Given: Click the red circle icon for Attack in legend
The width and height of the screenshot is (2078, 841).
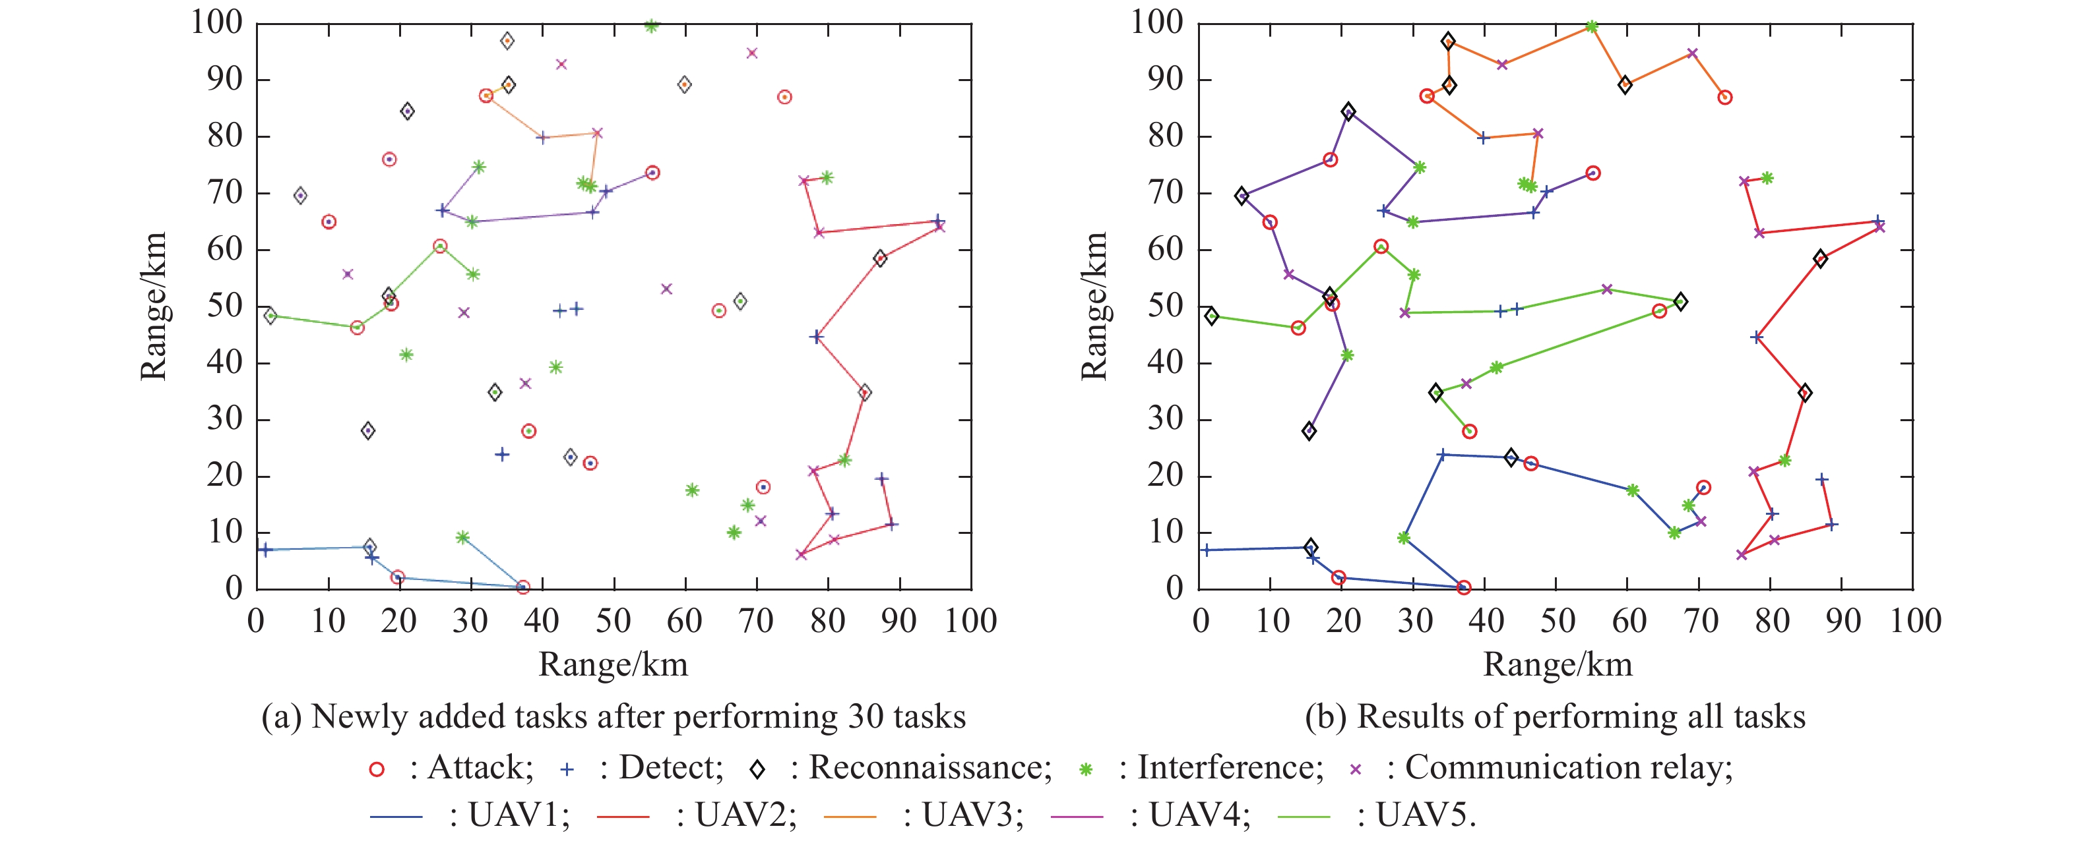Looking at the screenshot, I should pyautogui.click(x=376, y=769).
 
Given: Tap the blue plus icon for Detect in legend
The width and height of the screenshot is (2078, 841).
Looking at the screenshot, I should pyautogui.click(x=567, y=769).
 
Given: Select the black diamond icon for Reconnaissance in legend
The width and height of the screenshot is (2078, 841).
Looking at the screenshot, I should pyautogui.click(x=757, y=769).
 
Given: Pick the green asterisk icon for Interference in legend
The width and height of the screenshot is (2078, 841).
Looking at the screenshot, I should pyautogui.click(x=1086, y=769).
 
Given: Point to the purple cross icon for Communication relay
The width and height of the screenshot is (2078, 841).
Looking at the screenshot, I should pyautogui.click(x=1356, y=769).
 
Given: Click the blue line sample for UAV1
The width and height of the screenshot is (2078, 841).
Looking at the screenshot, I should pyautogui.click(x=396, y=817).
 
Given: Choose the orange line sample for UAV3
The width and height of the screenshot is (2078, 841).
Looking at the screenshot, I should pyautogui.click(x=850, y=817).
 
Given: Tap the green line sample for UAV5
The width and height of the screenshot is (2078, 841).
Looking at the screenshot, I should pyautogui.click(x=1304, y=817).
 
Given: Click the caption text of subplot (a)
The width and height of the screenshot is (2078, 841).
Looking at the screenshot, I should pyautogui.click(x=613, y=716).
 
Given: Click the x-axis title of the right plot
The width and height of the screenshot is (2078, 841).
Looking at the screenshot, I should pyautogui.click(x=1557, y=664).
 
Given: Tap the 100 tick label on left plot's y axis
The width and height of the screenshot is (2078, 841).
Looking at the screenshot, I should pyautogui.click(x=216, y=22).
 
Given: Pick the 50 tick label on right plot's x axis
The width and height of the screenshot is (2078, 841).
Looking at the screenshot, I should pyautogui.click(x=1557, y=621).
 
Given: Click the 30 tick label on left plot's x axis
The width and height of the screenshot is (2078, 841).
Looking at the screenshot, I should pyautogui.click(x=470, y=621).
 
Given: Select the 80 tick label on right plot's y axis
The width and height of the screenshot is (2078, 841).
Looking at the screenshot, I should pyautogui.click(x=1167, y=136).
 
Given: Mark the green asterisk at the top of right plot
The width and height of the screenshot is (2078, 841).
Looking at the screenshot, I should pyautogui.click(x=1592, y=26).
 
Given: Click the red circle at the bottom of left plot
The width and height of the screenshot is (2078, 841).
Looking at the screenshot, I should pyautogui.click(x=522, y=587).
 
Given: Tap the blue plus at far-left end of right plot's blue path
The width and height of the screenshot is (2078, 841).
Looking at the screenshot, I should pyautogui.click(x=1206, y=550).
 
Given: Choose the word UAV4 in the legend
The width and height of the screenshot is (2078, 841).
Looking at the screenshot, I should pyautogui.click(x=1199, y=816).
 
